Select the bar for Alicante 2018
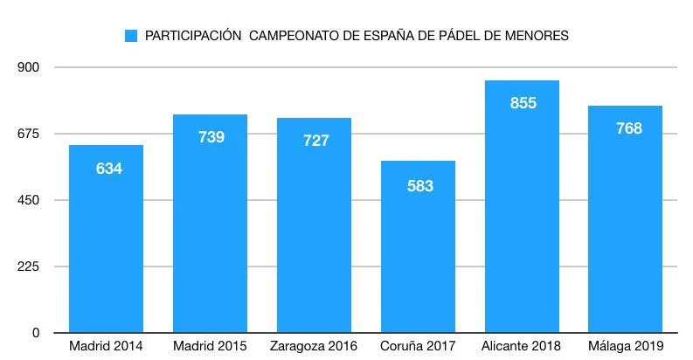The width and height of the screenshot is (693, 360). coord(523,218)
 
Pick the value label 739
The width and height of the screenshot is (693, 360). coord(211,137)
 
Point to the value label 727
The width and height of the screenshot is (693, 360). coord(315,141)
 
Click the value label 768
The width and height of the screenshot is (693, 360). coord(627,128)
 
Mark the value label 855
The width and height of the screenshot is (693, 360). coord(523,103)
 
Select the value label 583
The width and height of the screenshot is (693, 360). coord(419,186)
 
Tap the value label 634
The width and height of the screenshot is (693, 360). coord(107,169)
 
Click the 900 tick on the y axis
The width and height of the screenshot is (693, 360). coord(30,67)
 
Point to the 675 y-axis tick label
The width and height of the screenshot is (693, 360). coord(30,134)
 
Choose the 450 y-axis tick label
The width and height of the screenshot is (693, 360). coord(30,200)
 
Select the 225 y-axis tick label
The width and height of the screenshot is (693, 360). coord(30,267)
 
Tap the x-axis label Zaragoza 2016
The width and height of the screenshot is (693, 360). coord(315,347)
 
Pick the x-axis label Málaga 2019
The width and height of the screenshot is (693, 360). coord(627,347)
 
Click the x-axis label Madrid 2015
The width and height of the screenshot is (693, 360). coord(211,347)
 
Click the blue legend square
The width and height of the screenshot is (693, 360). coord(132,36)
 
